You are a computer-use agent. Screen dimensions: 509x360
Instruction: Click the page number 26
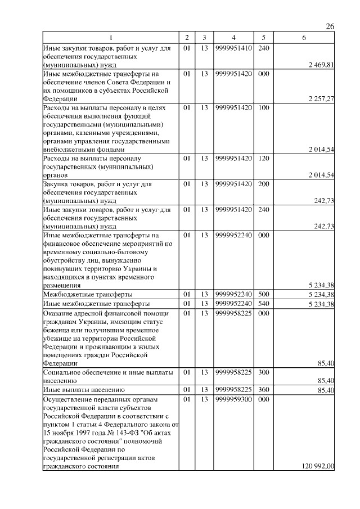tap(330, 26)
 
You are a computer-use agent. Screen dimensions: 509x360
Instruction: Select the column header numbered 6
tap(304, 38)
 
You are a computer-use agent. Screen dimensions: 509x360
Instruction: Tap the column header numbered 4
tap(233, 38)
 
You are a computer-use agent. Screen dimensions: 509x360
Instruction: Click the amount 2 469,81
tap(321, 65)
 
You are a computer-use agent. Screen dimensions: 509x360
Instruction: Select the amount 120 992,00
tap(318, 466)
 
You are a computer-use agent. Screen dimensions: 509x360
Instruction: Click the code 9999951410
tap(233, 48)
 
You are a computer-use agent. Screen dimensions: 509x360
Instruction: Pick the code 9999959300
tap(233, 399)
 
